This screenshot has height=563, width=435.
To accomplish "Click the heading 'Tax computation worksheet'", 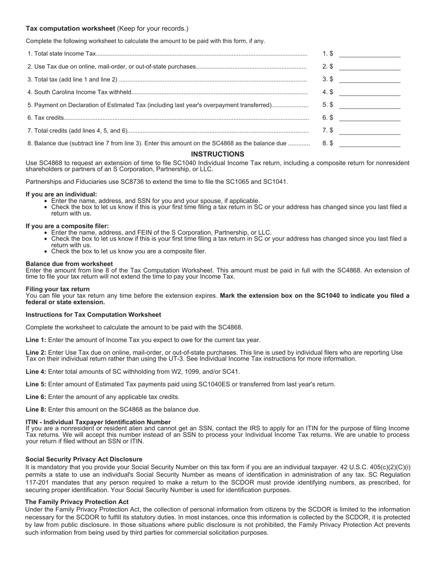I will point(71,28).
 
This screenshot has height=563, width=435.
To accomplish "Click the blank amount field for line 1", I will point(370,54).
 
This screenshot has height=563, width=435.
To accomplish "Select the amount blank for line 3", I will point(370,80).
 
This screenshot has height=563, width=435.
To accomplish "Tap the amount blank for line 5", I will point(370,105).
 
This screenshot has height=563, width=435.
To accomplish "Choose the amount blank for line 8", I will point(370,143).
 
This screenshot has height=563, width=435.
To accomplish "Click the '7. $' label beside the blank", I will point(328,130).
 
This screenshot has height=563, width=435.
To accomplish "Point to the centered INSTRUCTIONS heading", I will point(217,154).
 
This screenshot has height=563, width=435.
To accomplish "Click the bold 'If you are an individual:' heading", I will point(61,194).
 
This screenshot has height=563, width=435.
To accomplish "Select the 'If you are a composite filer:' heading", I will point(67,226).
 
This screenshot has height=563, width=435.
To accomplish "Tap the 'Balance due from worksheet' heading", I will point(69,264).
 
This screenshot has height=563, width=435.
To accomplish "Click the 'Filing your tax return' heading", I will point(58,289).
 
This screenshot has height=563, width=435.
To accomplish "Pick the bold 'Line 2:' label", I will point(36,352).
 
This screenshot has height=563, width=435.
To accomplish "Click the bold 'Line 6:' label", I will point(36,397).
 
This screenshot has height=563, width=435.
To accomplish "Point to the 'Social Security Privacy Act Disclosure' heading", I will point(84,459).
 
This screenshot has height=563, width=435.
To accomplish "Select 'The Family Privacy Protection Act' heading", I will point(77,502).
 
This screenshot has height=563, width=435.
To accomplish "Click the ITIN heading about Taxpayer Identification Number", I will point(98,422).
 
